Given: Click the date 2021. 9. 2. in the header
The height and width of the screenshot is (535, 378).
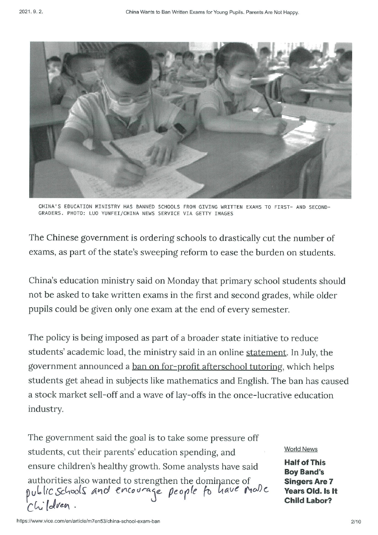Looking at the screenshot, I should [31, 12].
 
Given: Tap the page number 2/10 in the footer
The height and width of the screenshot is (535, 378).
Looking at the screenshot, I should [356, 522].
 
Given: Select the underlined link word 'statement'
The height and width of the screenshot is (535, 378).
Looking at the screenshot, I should [266, 352].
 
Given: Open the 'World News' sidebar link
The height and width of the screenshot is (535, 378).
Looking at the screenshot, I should [301, 449].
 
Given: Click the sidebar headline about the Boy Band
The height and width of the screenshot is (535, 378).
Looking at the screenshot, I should [311, 482].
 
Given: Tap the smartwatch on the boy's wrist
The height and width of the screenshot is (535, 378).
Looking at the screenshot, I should [180, 130].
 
